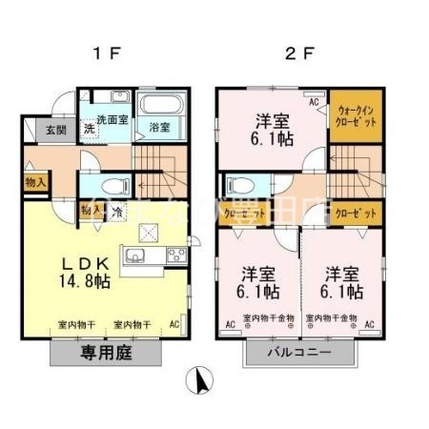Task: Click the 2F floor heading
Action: click(299, 52)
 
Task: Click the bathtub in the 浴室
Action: click(158, 105)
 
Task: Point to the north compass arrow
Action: click(201, 382)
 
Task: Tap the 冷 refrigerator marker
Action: click(117, 212)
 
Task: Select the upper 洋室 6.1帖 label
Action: click(274, 129)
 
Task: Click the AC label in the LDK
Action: click(174, 324)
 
